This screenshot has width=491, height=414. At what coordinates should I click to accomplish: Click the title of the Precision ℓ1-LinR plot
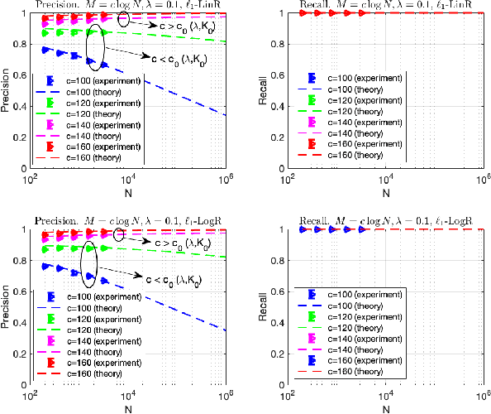(x=128, y=6)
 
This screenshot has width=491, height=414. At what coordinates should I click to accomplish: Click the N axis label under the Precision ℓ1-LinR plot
(x=128, y=194)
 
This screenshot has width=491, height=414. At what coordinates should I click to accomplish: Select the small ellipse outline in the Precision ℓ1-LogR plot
(x=121, y=236)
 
